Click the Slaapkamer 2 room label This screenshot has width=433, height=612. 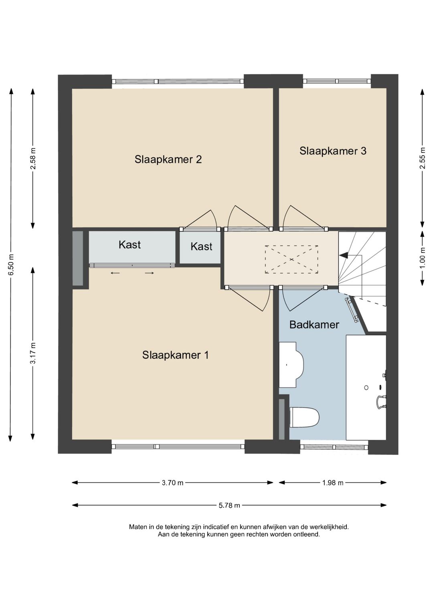point(168,160)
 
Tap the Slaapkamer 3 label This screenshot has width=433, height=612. point(333,151)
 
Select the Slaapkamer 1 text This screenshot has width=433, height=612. point(176,355)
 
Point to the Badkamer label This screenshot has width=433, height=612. point(314,325)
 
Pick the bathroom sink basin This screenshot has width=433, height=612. point(291,365)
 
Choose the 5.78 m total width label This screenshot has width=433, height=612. point(229,505)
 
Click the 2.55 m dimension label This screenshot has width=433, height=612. point(423,158)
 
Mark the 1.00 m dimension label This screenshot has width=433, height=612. point(423,258)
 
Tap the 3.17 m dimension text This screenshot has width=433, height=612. point(33,353)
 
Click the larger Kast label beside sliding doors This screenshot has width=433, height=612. point(129,244)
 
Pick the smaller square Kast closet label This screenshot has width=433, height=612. point(201,246)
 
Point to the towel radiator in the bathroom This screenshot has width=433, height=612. point(353,311)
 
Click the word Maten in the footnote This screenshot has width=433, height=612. point(138,527)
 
